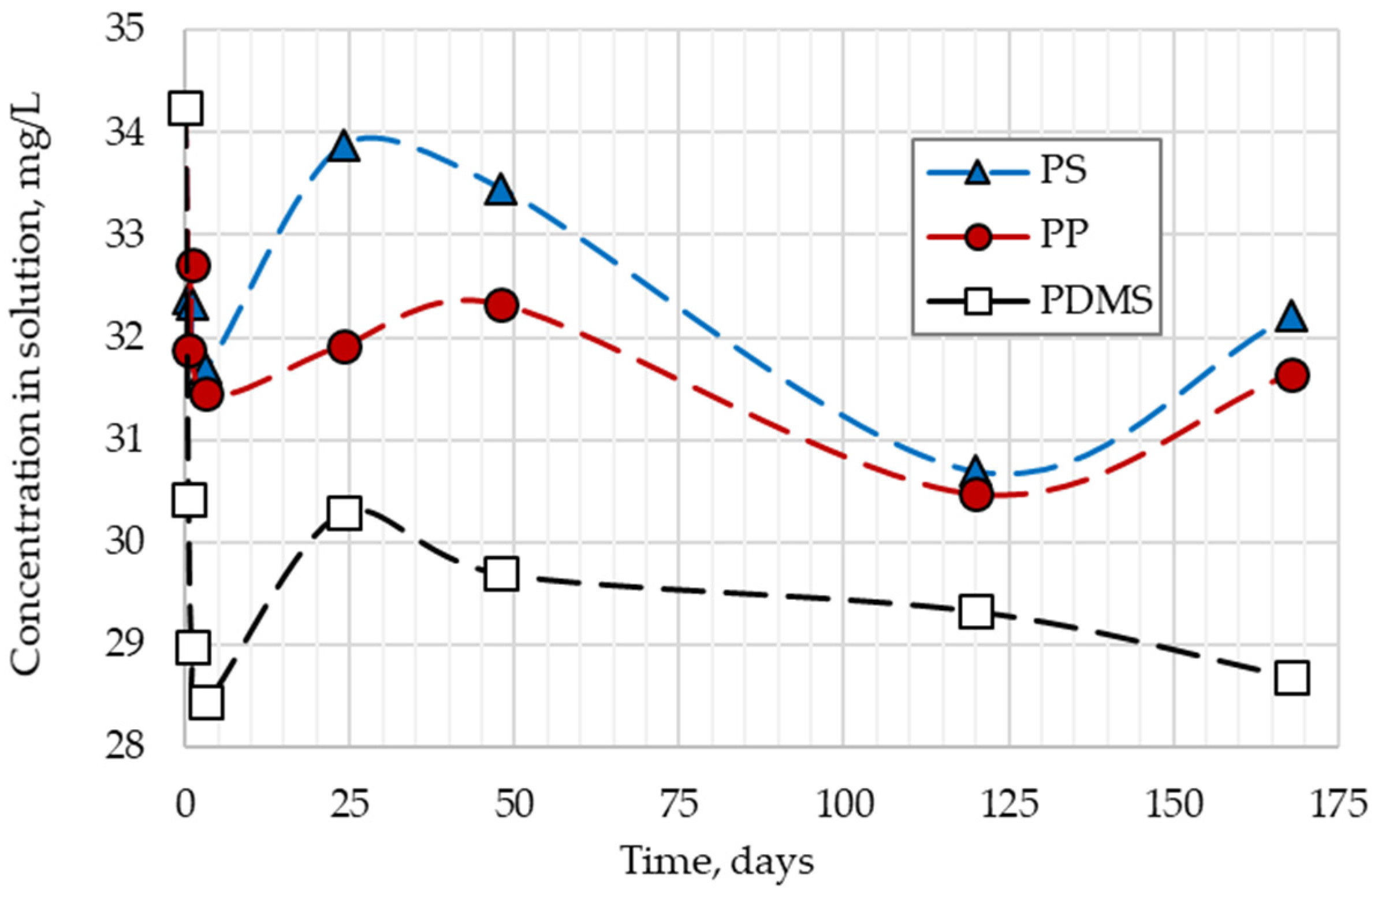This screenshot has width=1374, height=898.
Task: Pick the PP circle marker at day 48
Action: pos(501,305)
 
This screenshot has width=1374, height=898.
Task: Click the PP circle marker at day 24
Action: pos(344,347)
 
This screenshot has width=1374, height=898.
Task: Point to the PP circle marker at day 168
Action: pos(1292,375)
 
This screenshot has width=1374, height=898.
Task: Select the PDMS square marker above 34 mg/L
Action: pos(185,108)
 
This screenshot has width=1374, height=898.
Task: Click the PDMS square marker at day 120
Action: pos(976,611)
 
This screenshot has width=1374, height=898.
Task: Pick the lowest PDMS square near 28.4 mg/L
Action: pos(206,702)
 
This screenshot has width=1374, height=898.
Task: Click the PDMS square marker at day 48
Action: pos(501,574)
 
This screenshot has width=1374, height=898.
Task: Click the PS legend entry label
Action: pos(1063,172)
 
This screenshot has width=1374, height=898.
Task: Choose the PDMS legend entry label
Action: pos(1096,301)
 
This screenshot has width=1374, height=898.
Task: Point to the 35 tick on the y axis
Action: pos(124,30)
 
